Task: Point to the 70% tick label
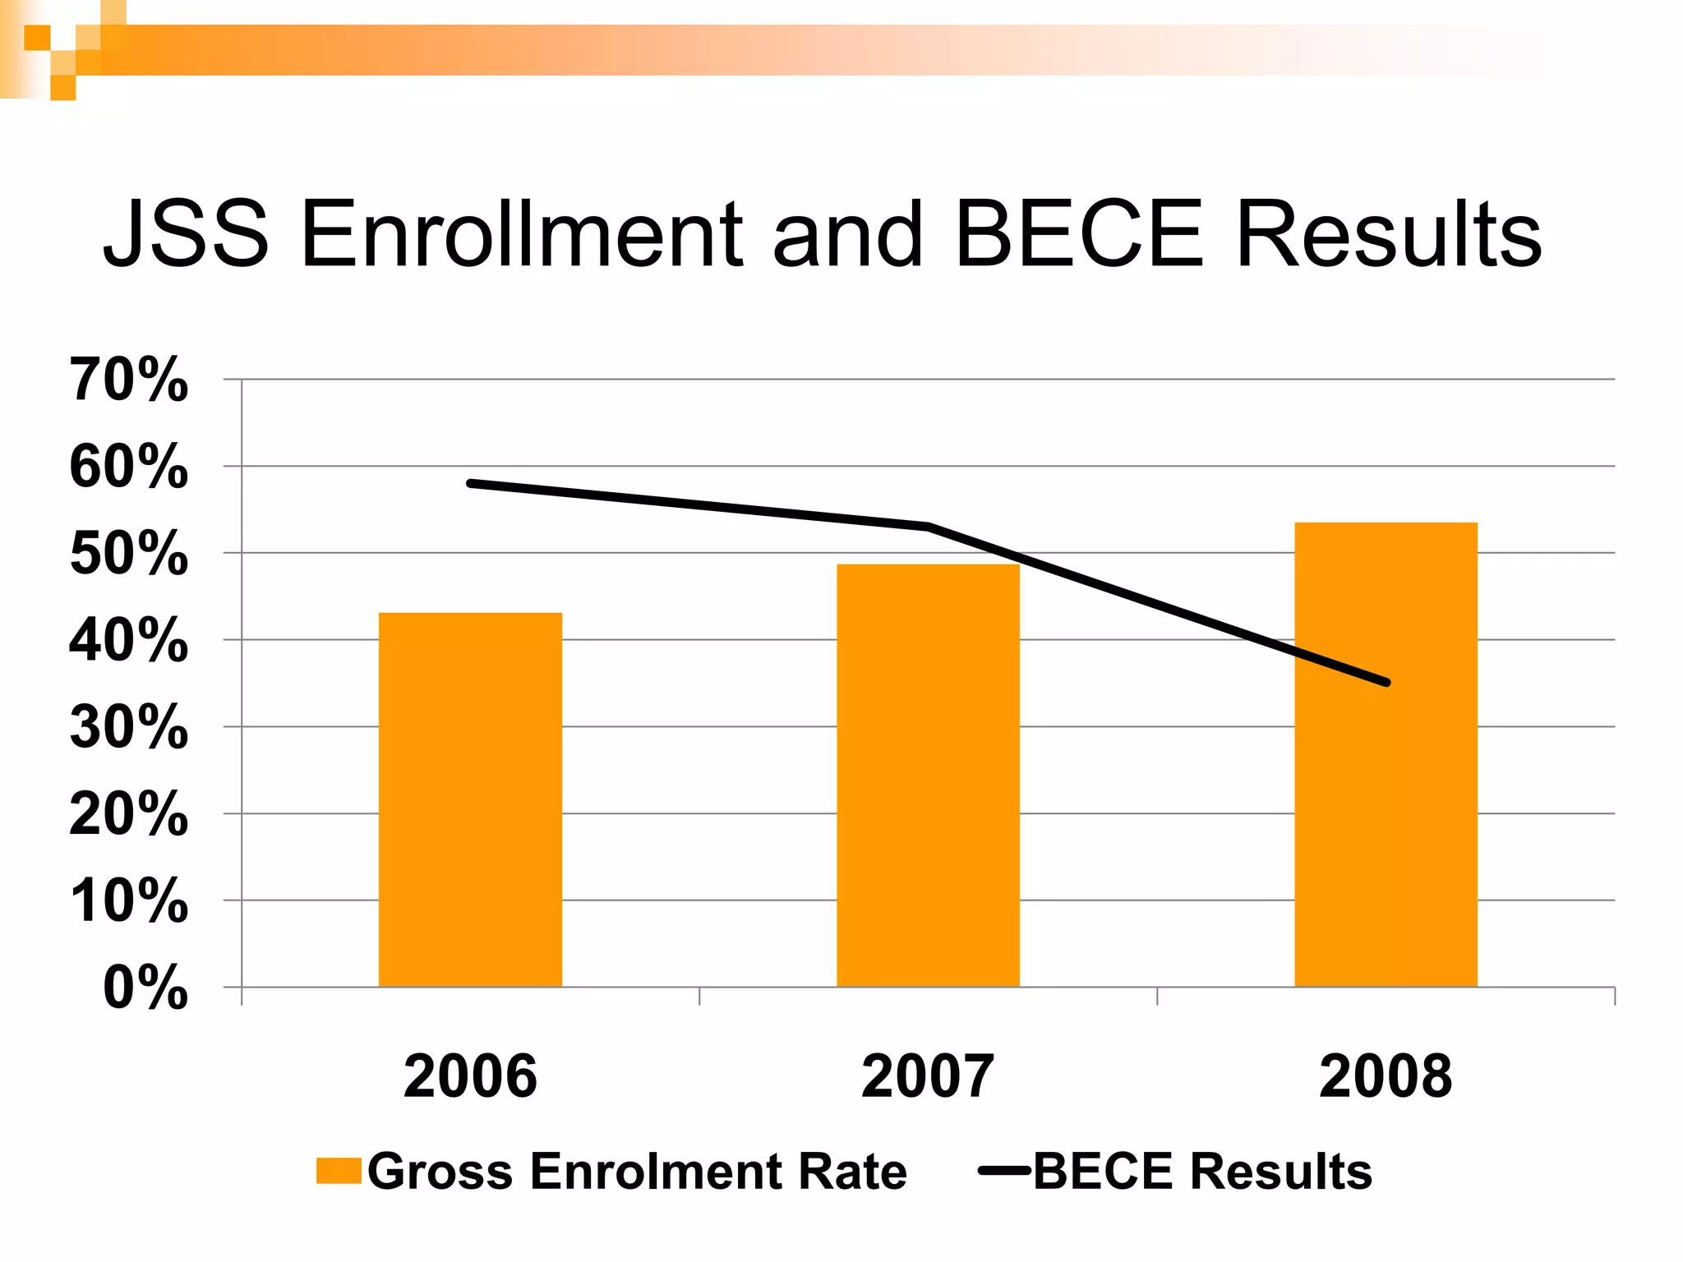pyautogui.click(x=129, y=380)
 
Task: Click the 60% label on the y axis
pyautogui.click(x=129, y=467)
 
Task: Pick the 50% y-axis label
pyautogui.click(x=129, y=554)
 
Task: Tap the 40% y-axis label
pyautogui.click(x=129, y=641)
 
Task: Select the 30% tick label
pyautogui.click(x=129, y=727)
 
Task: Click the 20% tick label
pyautogui.click(x=129, y=814)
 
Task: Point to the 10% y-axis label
pyautogui.click(x=129, y=901)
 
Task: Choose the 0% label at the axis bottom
pyautogui.click(x=145, y=988)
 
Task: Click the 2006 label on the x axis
pyautogui.click(x=470, y=1076)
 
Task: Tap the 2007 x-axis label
pyautogui.click(x=928, y=1076)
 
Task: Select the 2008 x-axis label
pyautogui.click(x=1386, y=1076)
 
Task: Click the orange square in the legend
pyautogui.click(x=339, y=1171)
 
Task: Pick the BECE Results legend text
pyautogui.click(x=1201, y=1171)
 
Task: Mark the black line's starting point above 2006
pyautogui.click(x=470, y=483)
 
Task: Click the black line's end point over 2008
pyautogui.click(x=1386, y=682)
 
